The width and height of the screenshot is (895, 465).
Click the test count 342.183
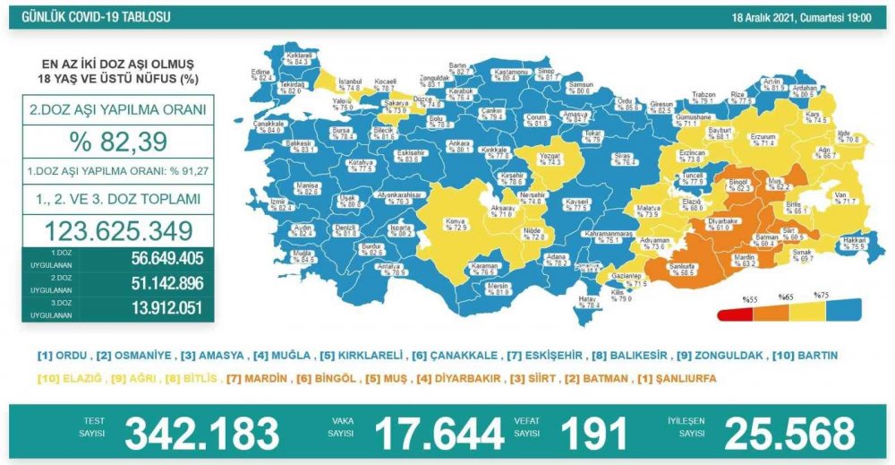pos(202,434)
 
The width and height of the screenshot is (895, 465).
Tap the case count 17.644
pos(439,434)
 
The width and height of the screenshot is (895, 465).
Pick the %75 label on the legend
pos(821,295)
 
